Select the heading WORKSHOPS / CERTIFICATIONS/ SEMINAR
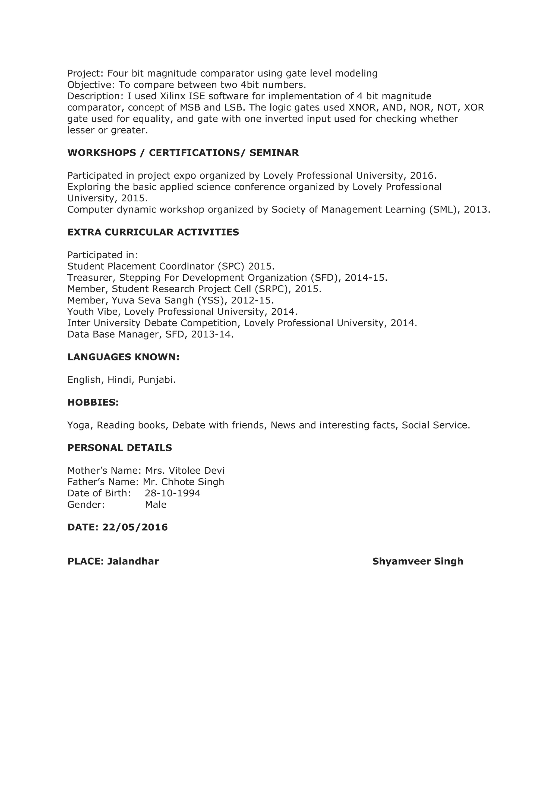click(183, 153)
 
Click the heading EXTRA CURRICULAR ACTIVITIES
click(153, 232)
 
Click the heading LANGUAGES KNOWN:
click(123, 357)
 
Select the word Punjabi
click(156, 380)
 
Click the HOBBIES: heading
click(93, 402)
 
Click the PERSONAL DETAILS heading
click(119, 448)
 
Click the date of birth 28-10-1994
click(173, 493)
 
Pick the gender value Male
click(156, 505)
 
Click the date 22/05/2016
click(135, 527)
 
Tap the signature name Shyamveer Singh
click(418, 561)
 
